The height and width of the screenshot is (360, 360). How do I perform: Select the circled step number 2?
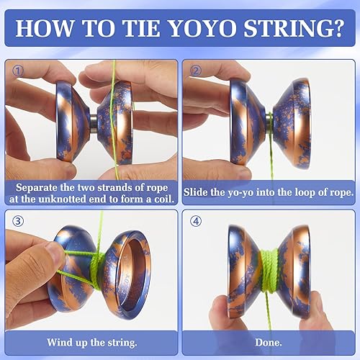pos(194,69)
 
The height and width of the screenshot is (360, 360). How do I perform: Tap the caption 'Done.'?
pos(269,342)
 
